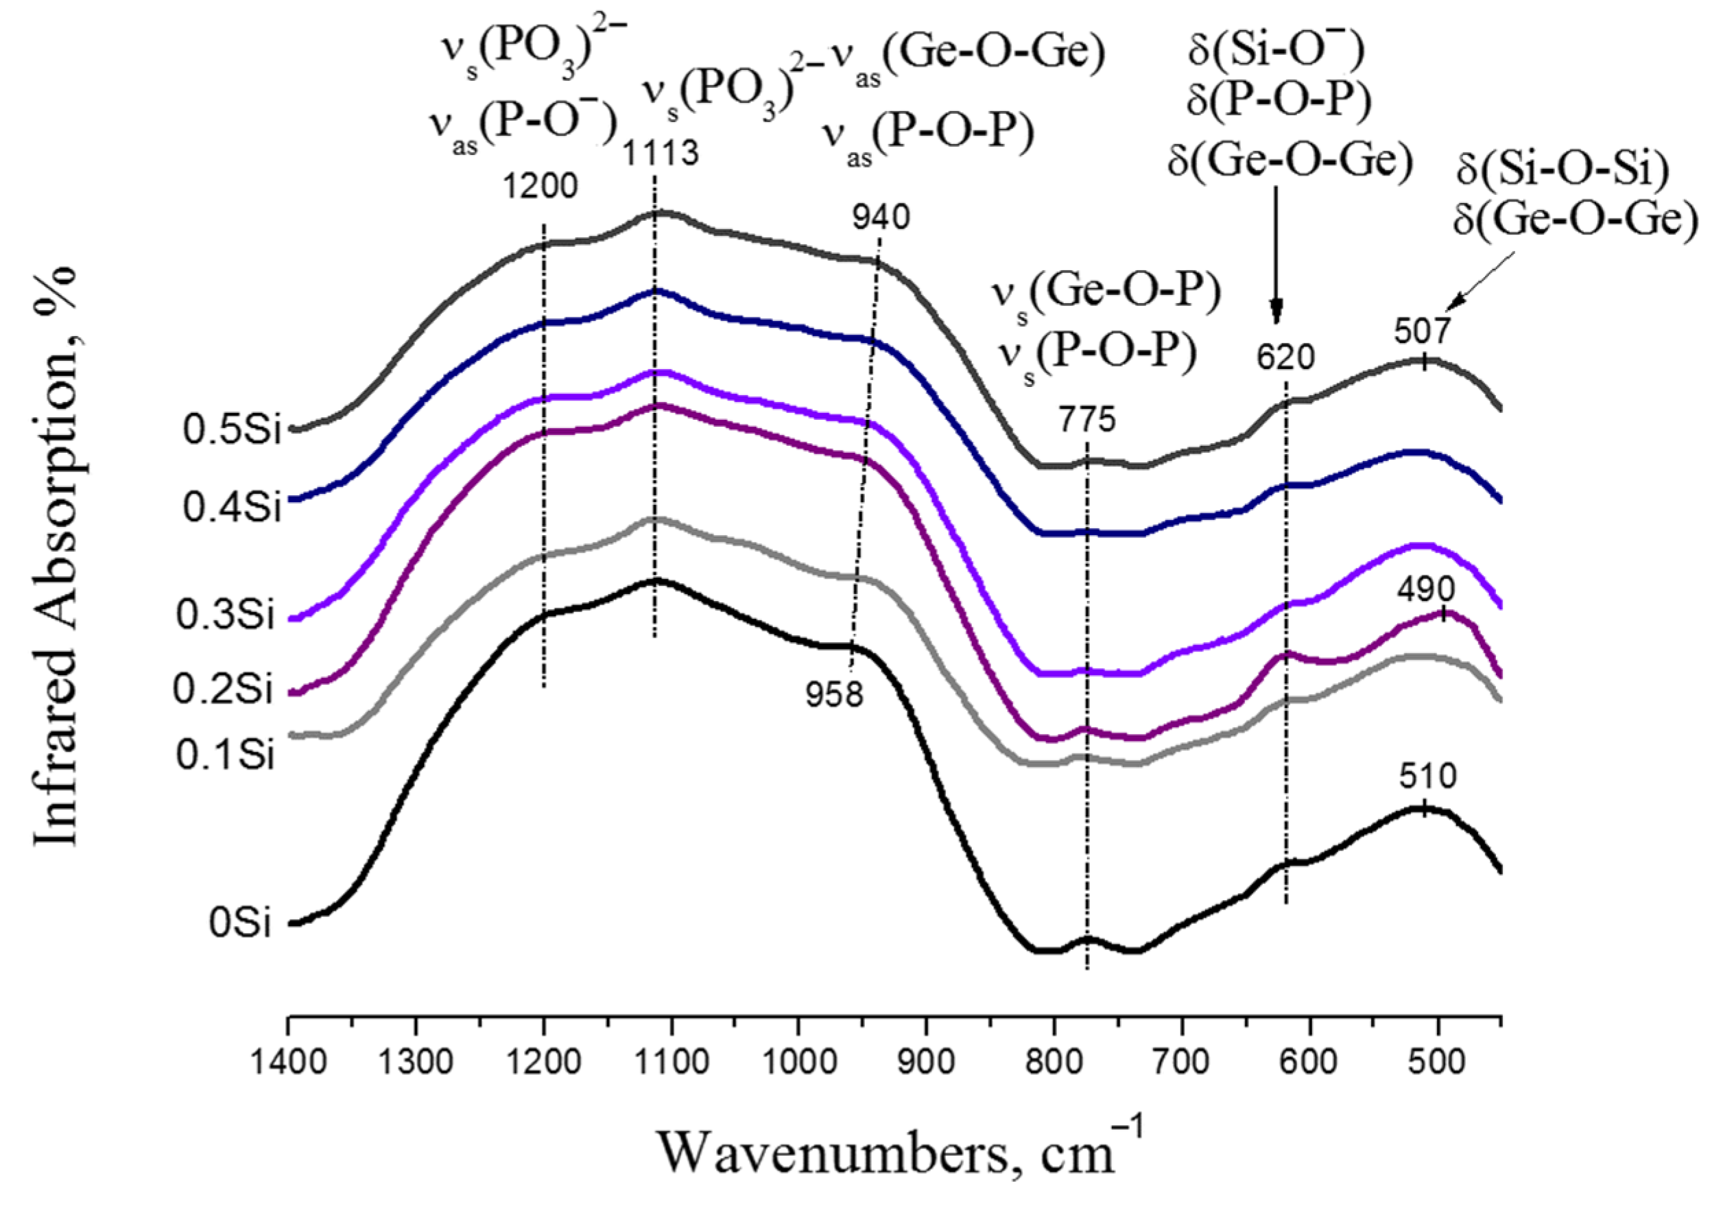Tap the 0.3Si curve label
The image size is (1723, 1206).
pyautogui.click(x=225, y=615)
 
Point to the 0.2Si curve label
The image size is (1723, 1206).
pyautogui.click(x=223, y=689)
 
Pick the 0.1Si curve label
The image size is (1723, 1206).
pyautogui.click(x=225, y=755)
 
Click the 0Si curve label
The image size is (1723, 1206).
pyautogui.click(x=239, y=923)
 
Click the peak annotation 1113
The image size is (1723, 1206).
pyautogui.click(x=661, y=154)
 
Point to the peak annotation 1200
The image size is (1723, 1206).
pyautogui.click(x=540, y=186)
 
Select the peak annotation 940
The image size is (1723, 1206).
pyautogui.click(x=880, y=217)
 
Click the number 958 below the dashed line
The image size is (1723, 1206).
pyautogui.click(x=835, y=696)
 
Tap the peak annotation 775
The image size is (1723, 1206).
pyautogui.click(x=1086, y=420)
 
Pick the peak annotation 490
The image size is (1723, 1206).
pyautogui.click(x=1426, y=590)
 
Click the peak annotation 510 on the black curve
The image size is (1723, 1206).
pyautogui.click(x=1427, y=776)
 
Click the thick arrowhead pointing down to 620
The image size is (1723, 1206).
pyautogui.click(x=1276, y=311)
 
